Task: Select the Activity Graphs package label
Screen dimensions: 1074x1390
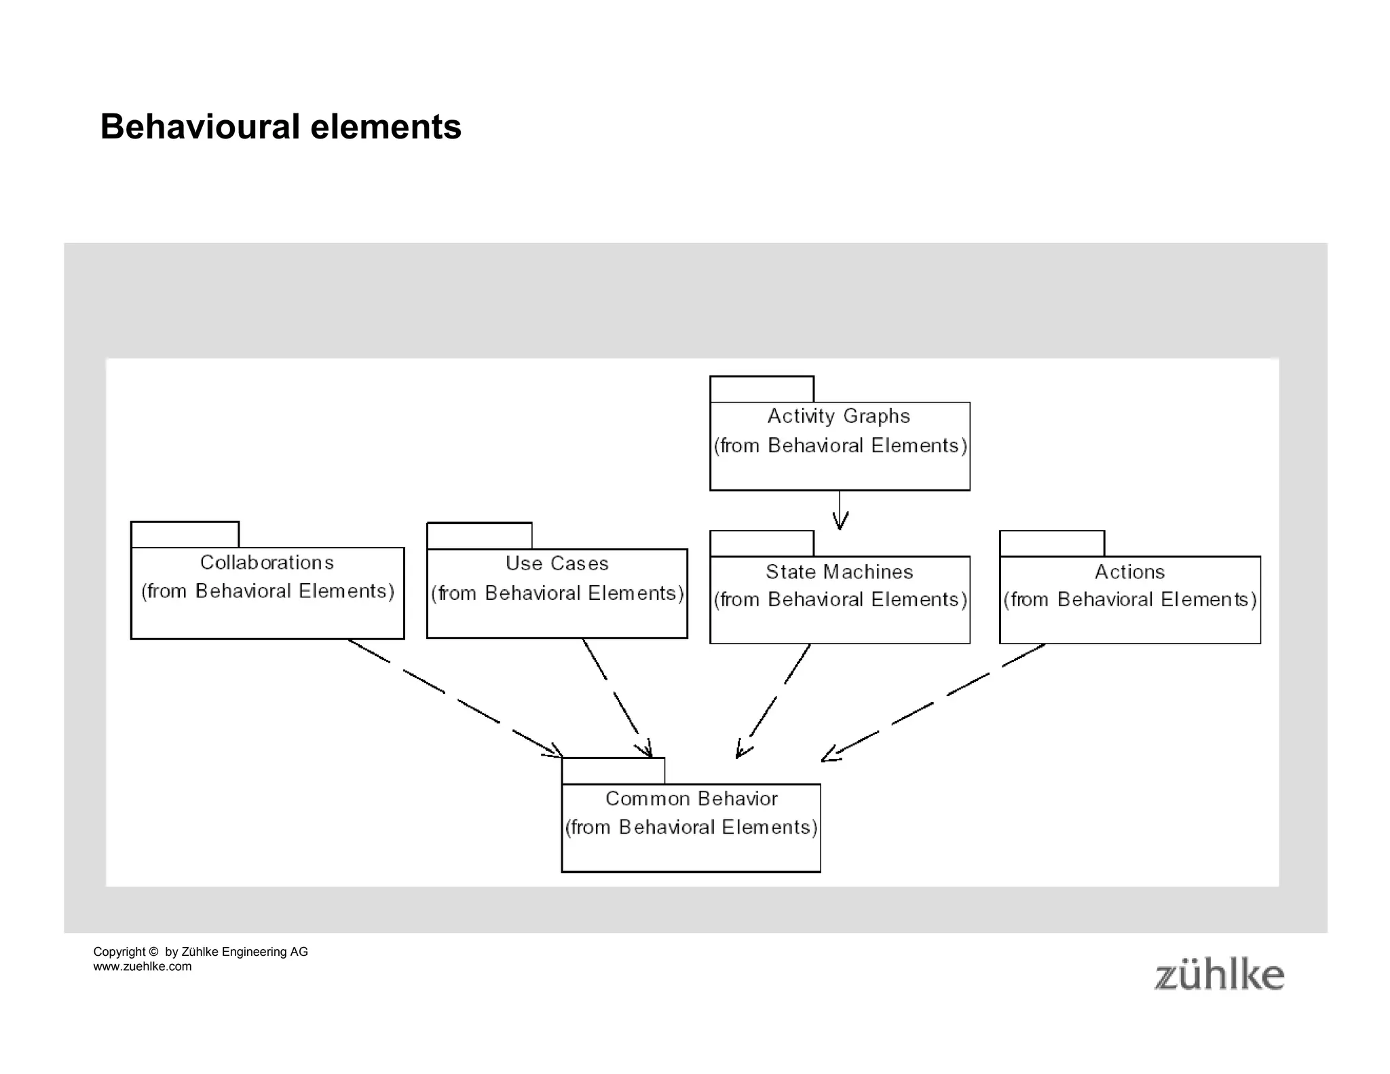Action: pos(838,416)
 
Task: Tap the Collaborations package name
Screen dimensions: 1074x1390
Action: pos(267,563)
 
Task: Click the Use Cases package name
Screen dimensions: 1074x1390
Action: pos(557,563)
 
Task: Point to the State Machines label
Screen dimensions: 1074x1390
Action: pos(839,572)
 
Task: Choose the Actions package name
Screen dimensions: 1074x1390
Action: pos(1129,572)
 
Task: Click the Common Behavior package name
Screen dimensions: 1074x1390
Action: pos(691,799)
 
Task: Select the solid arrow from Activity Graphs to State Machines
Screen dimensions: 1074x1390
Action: pos(840,510)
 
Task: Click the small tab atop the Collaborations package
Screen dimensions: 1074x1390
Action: pos(185,535)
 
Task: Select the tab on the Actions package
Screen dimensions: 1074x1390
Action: pos(1051,544)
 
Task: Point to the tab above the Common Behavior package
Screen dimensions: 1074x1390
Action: pos(613,771)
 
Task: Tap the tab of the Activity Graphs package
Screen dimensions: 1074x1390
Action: pos(762,390)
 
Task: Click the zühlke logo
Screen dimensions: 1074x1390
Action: pos(1219,976)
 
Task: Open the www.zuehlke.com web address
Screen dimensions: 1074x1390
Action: pos(143,967)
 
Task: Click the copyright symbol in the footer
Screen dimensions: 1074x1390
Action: pos(153,952)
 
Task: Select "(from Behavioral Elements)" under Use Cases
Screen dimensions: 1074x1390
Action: pos(557,594)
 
